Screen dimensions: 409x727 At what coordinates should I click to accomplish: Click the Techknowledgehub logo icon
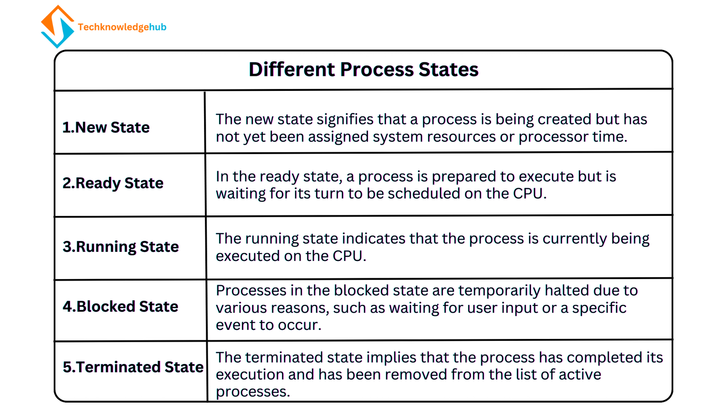[x=57, y=27]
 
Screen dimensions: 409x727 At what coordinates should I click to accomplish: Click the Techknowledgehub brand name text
[x=122, y=27]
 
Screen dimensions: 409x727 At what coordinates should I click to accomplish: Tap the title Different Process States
[x=363, y=70]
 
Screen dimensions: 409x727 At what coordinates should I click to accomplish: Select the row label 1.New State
[x=106, y=128]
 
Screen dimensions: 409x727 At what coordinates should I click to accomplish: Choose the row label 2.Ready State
[x=113, y=183]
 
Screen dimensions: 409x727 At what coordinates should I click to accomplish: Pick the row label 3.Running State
[x=120, y=247]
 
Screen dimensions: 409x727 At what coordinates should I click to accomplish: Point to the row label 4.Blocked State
[x=120, y=307]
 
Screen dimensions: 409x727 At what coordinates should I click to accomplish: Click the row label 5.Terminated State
[x=133, y=367]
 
